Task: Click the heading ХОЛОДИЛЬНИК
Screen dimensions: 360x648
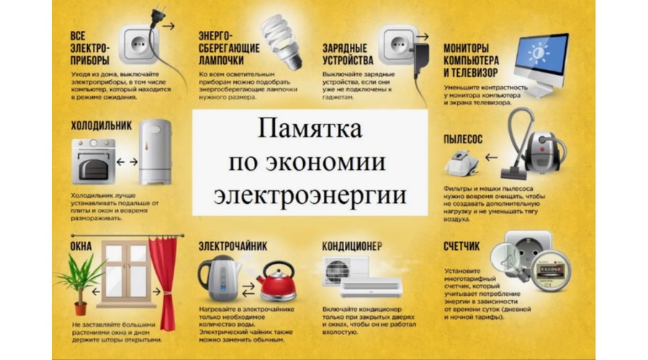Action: click(x=101, y=125)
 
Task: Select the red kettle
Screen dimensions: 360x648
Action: click(x=277, y=284)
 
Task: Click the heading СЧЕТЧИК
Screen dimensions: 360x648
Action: click(x=462, y=246)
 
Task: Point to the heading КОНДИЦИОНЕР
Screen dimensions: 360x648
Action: click(x=352, y=246)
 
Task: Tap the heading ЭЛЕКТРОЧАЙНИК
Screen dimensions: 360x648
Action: click(x=233, y=246)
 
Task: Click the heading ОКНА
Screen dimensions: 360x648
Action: click(x=81, y=246)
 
